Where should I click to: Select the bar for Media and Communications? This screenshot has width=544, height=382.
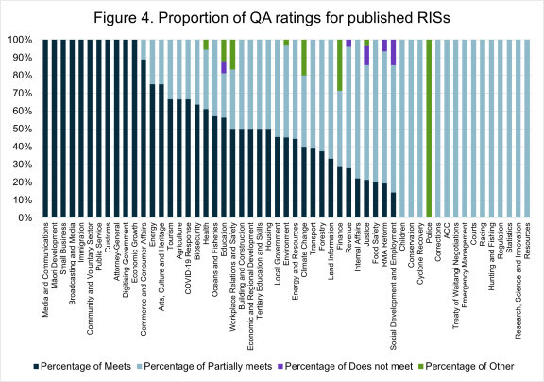click(x=45, y=130)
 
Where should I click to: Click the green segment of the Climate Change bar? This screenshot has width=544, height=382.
click(x=304, y=58)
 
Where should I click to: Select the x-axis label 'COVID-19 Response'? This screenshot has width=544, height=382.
click(x=188, y=249)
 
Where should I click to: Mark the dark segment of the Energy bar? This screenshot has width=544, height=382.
click(x=152, y=151)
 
